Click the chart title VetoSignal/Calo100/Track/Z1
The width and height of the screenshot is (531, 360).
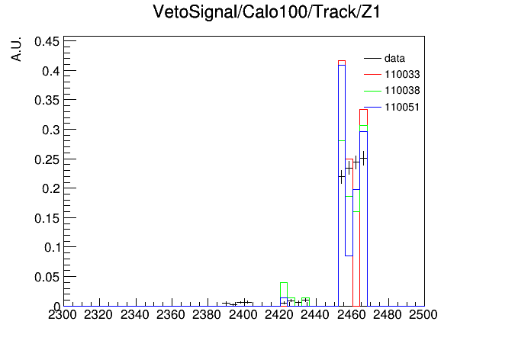(266, 12)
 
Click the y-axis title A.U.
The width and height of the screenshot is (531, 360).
(16, 49)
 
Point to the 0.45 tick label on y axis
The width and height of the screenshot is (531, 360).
(47, 42)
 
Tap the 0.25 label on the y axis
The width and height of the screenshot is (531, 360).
(47, 159)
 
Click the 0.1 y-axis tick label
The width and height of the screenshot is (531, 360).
(52, 247)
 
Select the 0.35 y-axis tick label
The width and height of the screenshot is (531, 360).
(47, 100)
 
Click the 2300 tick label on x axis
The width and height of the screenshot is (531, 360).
(63, 315)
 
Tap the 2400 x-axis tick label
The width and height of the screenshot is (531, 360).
(243, 315)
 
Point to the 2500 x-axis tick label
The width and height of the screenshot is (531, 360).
(423, 315)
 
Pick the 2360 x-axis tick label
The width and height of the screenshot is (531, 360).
(170, 315)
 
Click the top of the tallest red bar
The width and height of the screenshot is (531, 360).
(342, 61)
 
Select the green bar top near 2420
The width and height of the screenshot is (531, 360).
(284, 283)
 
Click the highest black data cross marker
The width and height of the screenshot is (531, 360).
(363, 158)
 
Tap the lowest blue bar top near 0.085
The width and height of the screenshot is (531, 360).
(349, 256)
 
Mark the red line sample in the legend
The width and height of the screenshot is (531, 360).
(372, 75)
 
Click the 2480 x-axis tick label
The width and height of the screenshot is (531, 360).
(387, 315)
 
